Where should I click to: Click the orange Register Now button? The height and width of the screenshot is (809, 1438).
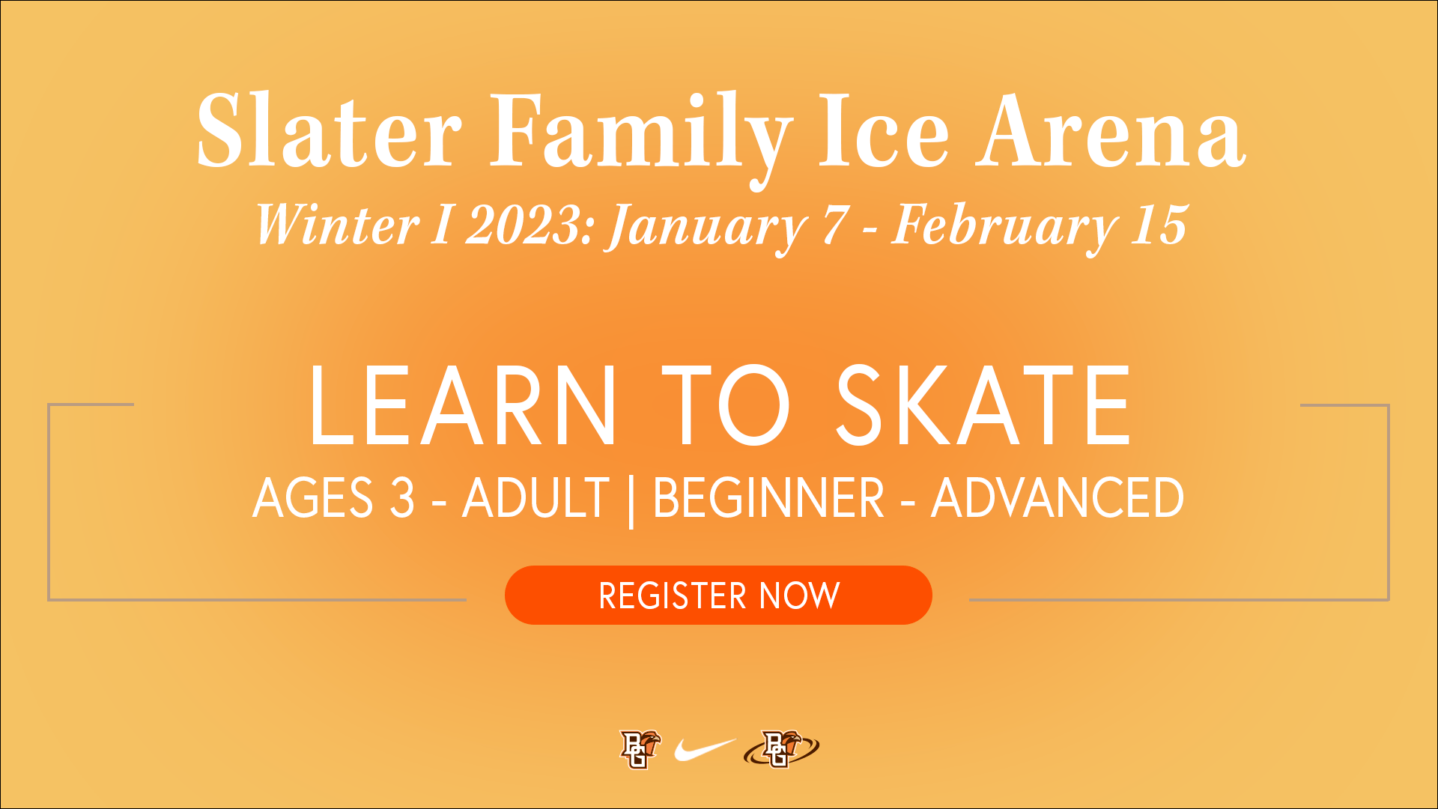[718, 595]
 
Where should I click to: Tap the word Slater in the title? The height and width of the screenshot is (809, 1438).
[329, 131]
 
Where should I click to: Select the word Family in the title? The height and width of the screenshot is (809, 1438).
[640, 139]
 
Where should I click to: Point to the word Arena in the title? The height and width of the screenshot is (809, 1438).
[1111, 131]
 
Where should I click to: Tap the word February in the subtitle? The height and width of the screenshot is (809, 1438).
[1002, 228]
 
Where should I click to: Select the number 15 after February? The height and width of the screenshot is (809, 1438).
[1159, 225]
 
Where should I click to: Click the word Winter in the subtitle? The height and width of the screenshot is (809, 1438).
[337, 225]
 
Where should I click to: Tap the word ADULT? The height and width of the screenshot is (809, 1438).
[536, 497]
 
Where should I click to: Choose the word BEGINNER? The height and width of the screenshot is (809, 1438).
[768, 497]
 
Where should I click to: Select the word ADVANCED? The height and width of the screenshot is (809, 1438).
[1057, 497]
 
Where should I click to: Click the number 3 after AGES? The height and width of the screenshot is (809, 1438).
[402, 497]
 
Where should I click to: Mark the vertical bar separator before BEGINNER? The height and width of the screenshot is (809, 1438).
[631, 500]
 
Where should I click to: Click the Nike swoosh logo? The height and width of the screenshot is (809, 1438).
[705, 749]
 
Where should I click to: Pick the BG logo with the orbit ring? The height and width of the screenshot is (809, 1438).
[781, 749]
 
